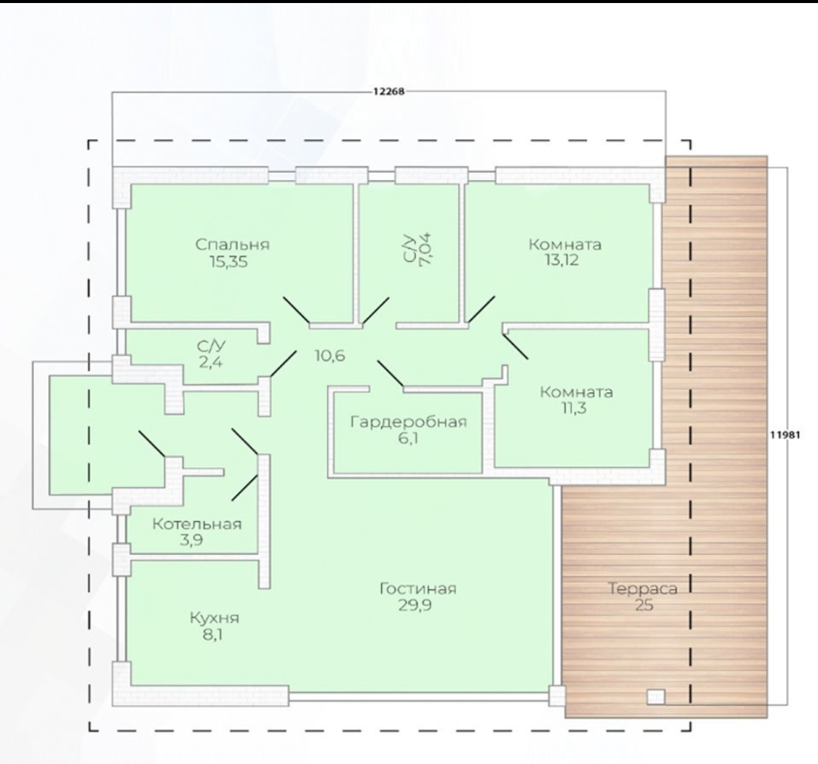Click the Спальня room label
233,245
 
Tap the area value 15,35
229,261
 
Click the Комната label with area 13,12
565,244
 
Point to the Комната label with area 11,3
576,391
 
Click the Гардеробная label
408,421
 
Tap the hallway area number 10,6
329,356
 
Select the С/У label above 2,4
211,346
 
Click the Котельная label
197,523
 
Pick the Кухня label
214,619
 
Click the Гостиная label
418,589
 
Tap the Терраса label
643,589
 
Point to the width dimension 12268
389,92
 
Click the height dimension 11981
785,435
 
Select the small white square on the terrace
656,697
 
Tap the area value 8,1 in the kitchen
213,635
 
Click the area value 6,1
408,438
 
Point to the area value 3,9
192,540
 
